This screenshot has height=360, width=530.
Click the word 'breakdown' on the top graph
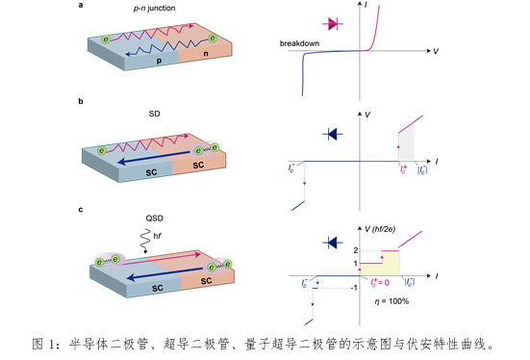click(x=299, y=44)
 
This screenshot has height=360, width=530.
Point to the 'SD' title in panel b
click(x=154, y=113)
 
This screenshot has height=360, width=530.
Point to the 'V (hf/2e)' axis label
click(x=389, y=221)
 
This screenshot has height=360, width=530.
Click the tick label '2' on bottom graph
click(x=354, y=249)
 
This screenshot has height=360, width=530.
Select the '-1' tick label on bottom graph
click(x=354, y=288)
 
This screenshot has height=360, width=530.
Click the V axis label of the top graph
click(x=437, y=50)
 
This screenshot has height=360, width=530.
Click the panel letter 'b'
click(x=81, y=101)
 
